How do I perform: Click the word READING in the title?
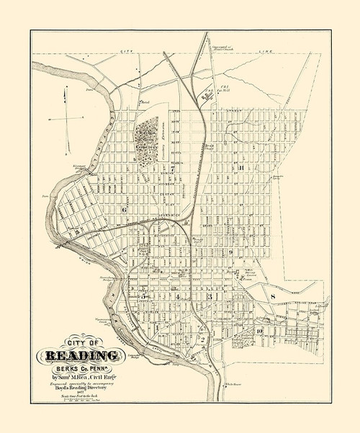84,355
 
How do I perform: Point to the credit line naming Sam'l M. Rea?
84,375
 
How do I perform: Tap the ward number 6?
124,209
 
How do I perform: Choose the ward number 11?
243,168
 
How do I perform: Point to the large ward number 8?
274,296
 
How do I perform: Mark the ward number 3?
210,296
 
